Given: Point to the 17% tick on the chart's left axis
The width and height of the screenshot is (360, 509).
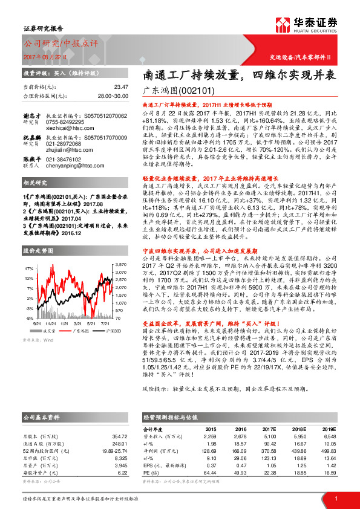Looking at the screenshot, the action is click(x=28, y=267).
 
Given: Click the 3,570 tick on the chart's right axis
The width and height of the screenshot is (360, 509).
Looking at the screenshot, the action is click(x=120, y=265).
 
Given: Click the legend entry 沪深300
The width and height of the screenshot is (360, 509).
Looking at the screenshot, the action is click(x=113, y=331).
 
